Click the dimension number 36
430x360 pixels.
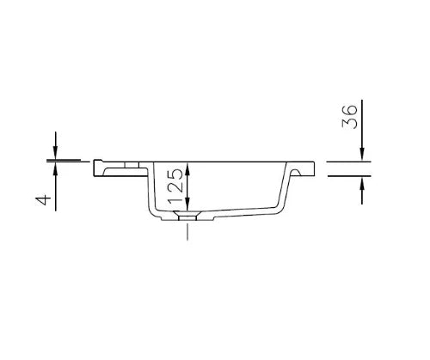coord(350,117)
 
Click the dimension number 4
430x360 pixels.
coord(43,199)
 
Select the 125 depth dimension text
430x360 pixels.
coord(175,186)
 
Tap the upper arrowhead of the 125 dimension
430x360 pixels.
coord(187,168)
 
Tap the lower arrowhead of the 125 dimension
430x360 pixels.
coord(187,204)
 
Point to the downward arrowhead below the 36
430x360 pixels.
coord(362,155)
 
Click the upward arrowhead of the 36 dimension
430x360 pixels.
coord(362,183)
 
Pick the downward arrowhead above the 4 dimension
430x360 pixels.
coord(56,153)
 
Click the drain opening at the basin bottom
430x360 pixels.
coord(187,216)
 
